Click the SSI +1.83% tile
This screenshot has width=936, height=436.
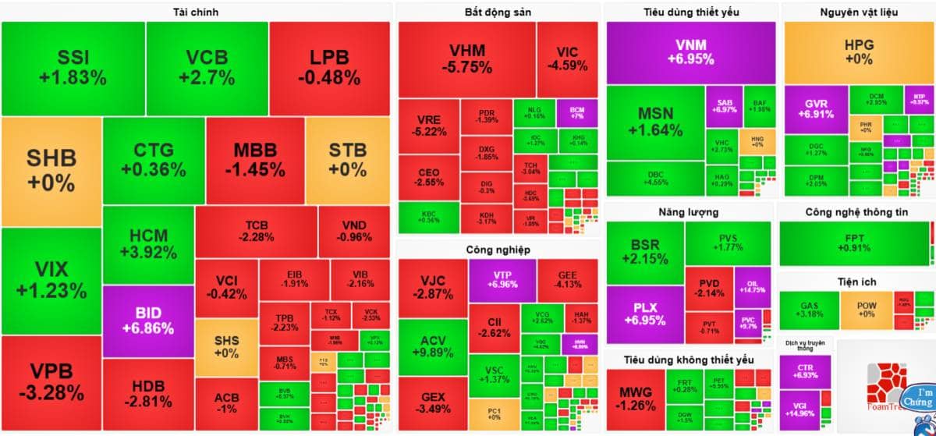pyautogui.click(x=73, y=68)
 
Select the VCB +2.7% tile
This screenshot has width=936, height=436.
pyautogui.click(x=207, y=68)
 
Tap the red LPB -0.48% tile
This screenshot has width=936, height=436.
pyautogui.click(x=329, y=68)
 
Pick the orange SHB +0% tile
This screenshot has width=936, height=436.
pyautogui.click(x=51, y=171)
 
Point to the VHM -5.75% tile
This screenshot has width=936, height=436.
pyautogui.click(x=466, y=59)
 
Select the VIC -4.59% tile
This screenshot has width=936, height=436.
pyautogui.click(x=567, y=59)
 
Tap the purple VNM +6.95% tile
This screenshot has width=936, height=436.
pyautogui.click(x=691, y=52)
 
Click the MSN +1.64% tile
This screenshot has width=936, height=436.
pyautogui.click(x=655, y=122)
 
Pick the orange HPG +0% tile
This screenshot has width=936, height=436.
pyautogui.click(x=859, y=52)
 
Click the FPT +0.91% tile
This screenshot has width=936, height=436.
pyautogui.click(x=853, y=243)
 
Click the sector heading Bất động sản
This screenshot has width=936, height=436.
pyautogui.click(x=497, y=12)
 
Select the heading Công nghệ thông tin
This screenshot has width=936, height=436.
pyautogui.click(x=858, y=212)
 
